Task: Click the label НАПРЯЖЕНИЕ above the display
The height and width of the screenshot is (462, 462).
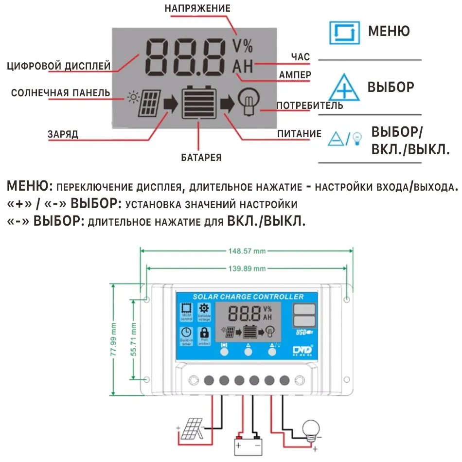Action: coord(197,9)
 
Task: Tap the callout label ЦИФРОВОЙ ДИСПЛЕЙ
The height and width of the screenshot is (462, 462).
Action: coord(59,66)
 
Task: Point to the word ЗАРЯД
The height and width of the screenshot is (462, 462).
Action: coord(63,134)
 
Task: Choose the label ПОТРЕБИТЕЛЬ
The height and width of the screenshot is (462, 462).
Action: coord(310,106)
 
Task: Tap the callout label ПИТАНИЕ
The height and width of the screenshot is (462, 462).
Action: coord(299,134)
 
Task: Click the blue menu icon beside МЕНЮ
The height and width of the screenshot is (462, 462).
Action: coord(344,32)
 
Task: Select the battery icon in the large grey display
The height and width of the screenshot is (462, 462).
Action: coord(198,103)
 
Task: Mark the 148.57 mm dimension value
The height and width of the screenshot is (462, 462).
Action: coord(247,251)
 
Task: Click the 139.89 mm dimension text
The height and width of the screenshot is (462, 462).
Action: coord(247,268)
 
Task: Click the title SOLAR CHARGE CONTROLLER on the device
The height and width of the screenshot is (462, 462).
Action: coord(248,297)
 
